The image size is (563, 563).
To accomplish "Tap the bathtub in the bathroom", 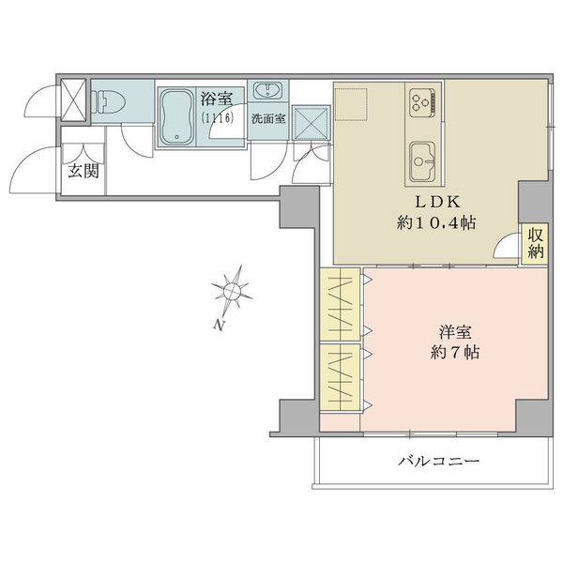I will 176,116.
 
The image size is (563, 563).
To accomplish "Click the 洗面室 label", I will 267,119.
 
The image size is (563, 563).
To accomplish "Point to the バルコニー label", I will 439,463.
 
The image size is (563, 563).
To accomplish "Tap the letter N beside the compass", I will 218,326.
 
